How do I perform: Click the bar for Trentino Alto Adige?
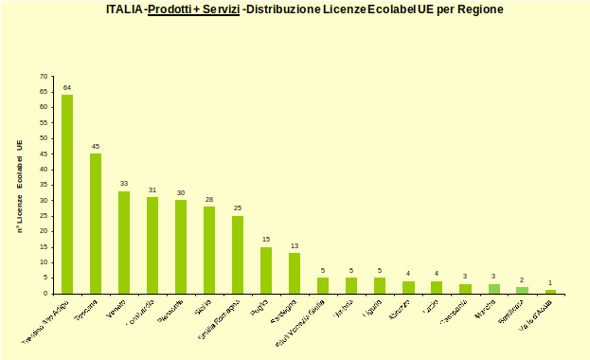(67, 194)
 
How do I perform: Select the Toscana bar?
(96, 224)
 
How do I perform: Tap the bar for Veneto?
(124, 243)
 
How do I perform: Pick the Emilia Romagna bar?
(238, 255)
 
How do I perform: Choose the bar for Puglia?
(266, 270)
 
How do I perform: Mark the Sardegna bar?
(295, 273)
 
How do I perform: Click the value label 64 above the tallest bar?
(67, 88)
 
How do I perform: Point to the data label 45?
(96, 147)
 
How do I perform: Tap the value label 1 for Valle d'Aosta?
(550, 283)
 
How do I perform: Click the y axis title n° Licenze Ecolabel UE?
(19, 186)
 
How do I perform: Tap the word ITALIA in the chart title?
(125, 9)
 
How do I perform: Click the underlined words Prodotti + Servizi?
(194, 9)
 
